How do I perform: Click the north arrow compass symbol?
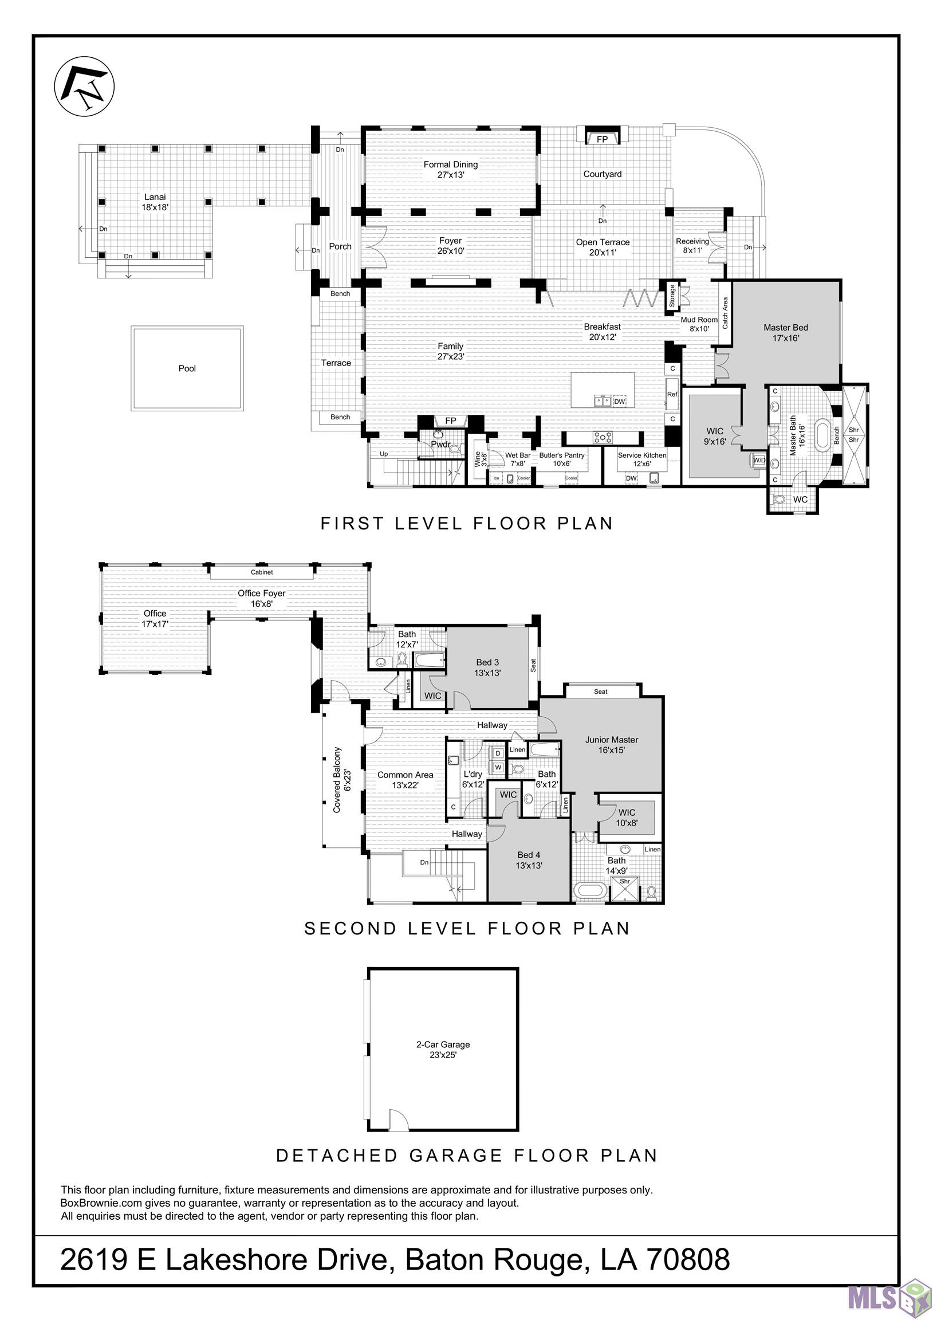84,87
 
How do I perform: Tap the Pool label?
187,368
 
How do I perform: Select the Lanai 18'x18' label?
155,202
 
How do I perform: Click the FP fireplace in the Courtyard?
602,139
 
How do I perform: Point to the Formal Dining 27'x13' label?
451,169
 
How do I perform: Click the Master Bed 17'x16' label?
785,332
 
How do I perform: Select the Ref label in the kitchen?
672,394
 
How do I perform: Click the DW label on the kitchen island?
619,401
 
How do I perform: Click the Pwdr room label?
440,445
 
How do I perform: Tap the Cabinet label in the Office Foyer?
262,572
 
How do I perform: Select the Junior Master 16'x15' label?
612,745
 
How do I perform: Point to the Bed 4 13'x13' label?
528,859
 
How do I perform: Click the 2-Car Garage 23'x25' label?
443,1049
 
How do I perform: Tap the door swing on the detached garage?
399,1119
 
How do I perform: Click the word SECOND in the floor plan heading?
351,929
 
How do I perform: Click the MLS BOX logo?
889,1297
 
